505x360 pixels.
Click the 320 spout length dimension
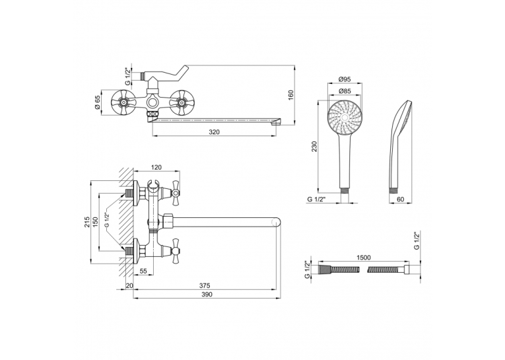(214, 132)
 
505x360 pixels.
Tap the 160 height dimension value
(290, 94)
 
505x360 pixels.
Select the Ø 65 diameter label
(98, 103)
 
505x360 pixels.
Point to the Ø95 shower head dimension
(345, 79)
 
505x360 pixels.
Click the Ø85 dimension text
(345, 91)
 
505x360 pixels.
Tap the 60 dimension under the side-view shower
(400, 199)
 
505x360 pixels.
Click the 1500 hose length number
(364, 258)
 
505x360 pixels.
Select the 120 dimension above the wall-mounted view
(156, 167)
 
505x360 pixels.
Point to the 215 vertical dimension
(87, 222)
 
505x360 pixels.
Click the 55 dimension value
(143, 271)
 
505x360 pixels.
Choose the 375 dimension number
(205, 285)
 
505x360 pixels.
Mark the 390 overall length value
(207, 294)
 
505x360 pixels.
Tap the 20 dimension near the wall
(129, 285)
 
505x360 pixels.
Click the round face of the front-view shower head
(345, 118)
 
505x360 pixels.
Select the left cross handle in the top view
(122, 103)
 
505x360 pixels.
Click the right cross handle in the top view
(181, 103)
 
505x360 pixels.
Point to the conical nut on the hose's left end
(324, 269)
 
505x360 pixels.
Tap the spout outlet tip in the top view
(277, 122)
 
